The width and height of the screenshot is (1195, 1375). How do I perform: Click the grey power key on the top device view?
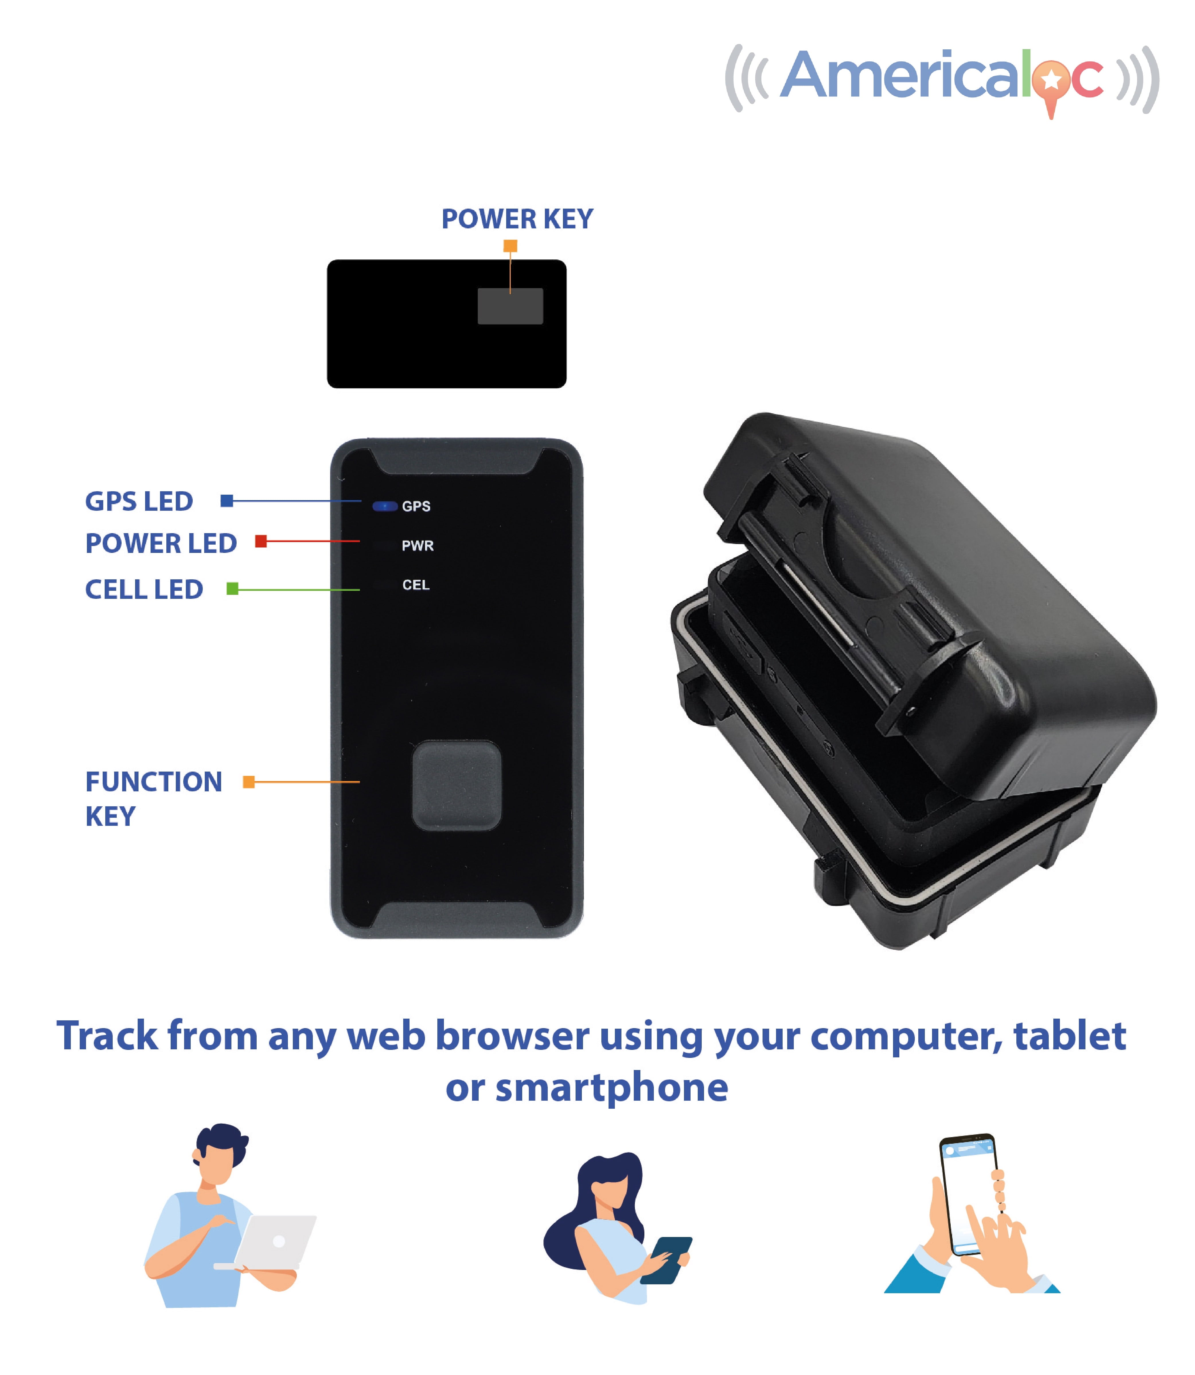point(510,306)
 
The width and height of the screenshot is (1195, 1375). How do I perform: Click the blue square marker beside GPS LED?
point(227,500)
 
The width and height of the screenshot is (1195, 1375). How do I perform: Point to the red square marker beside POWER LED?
point(261,541)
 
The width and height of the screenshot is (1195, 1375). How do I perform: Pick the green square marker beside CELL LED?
point(232,589)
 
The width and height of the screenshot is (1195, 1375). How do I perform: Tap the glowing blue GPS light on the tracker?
point(385,506)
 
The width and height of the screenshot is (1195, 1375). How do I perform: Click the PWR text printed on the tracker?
point(418,546)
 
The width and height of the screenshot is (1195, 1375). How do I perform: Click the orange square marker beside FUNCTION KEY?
point(249,782)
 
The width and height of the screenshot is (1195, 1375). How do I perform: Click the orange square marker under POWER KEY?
point(510,246)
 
